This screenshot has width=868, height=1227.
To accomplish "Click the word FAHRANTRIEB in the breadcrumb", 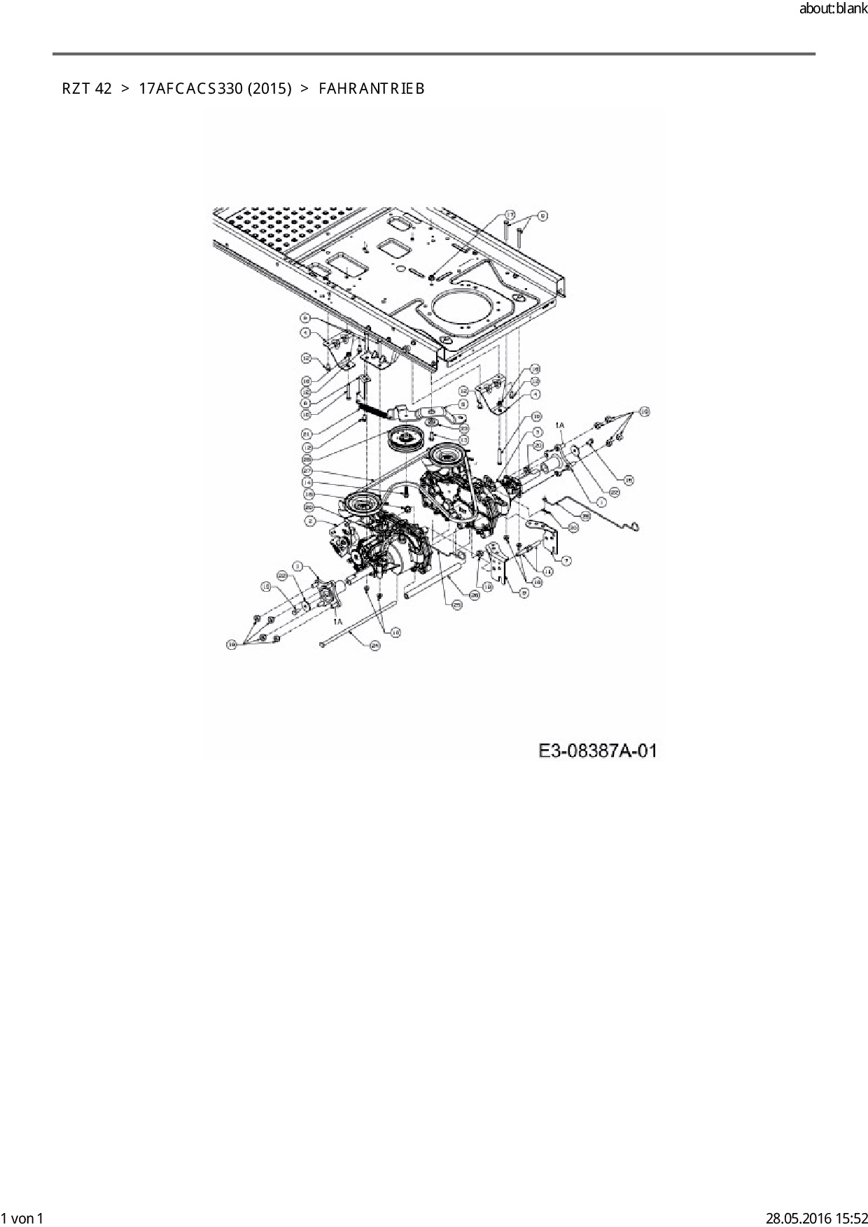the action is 371,89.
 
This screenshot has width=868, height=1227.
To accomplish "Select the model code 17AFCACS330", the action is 185,89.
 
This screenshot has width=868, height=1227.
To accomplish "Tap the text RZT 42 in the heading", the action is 86,89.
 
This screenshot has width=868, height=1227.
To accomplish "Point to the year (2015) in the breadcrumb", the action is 268,89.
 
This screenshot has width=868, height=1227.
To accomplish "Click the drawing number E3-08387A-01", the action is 597,751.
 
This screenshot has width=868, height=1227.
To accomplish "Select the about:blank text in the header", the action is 832,10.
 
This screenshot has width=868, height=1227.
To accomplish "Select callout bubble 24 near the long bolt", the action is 374,646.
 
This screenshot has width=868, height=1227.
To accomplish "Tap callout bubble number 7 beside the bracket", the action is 566,559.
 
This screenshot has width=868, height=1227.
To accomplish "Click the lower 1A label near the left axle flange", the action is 337,621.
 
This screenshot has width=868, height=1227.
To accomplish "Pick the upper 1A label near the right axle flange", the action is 560,425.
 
